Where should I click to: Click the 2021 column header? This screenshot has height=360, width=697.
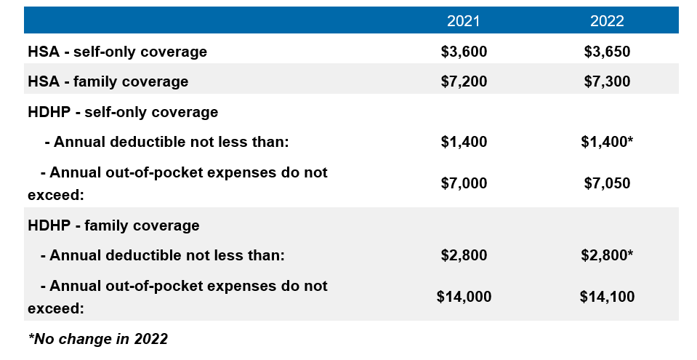pyautogui.click(x=463, y=21)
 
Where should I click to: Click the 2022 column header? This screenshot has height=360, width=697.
pyautogui.click(x=607, y=21)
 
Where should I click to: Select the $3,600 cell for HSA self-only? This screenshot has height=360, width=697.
pyautogui.click(x=464, y=52)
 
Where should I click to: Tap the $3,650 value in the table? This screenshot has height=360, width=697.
pyautogui.click(x=607, y=52)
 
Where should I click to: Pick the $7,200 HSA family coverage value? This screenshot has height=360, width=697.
pyautogui.click(x=464, y=81)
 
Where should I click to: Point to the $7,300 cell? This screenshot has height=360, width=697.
pyautogui.click(x=607, y=81)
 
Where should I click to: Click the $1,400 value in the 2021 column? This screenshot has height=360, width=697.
pyautogui.click(x=464, y=142)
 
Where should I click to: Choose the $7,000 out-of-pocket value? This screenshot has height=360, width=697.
pyautogui.click(x=464, y=183)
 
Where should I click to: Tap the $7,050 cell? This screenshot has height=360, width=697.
pyautogui.click(x=607, y=183)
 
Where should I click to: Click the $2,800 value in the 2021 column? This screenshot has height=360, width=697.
pyautogui.click(x=464, y=255)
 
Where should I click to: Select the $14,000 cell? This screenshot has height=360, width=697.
pyautogui.click(x=464, y=297)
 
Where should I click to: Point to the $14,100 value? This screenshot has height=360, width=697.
pyautogui.click(x=607, y=297)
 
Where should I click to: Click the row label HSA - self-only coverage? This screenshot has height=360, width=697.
pyautogui.click(x=117, y=52)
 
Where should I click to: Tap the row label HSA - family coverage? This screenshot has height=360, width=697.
pyautogui.click(x=108, y=81)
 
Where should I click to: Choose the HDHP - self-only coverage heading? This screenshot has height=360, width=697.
pyautogui.click(x=123, y=112)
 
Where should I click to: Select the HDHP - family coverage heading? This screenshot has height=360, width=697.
pyautogui.click(x=113, y=225)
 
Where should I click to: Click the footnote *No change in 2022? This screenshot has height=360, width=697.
pyautogui.click(x=98, y=339)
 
